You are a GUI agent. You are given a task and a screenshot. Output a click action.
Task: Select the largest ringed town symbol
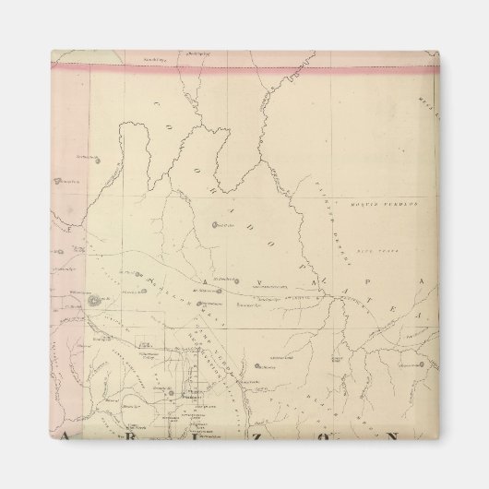pyautogui.click(x=97, y=300)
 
